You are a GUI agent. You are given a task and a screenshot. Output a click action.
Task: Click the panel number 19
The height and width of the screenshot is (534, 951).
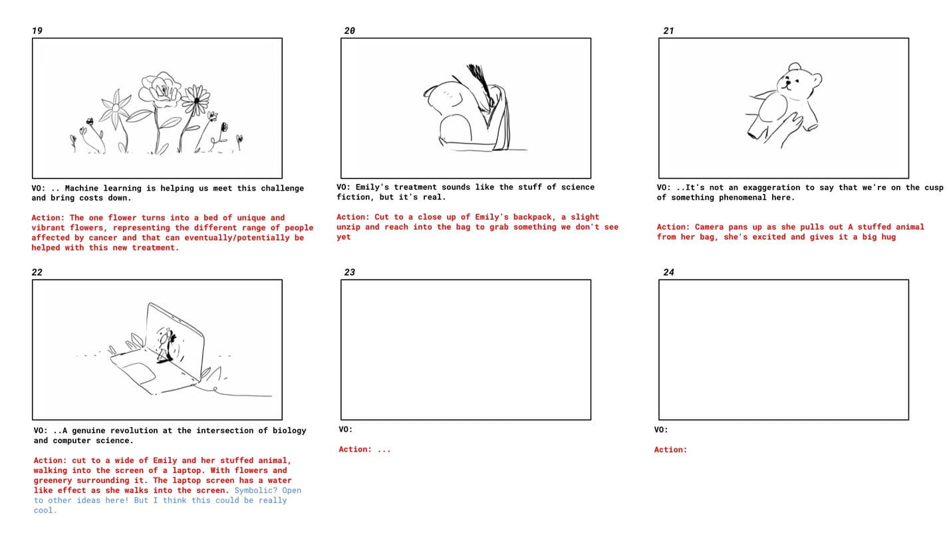[37, 31]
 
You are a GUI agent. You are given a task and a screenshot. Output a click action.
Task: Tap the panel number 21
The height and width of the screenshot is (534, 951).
[668, 31]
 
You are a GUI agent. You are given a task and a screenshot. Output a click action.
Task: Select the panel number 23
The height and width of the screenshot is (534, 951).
[349, 272]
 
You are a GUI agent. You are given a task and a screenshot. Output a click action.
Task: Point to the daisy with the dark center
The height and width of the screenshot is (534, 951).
[196, 100]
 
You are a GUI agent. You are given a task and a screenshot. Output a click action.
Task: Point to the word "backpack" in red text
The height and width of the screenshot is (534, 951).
[532, 217]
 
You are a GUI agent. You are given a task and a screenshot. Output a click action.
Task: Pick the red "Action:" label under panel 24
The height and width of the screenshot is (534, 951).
[670, 450]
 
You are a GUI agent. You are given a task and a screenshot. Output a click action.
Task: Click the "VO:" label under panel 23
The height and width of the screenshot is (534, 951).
[346, 429]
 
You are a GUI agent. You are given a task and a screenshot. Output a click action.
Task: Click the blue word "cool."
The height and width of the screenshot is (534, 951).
[45, 510]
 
